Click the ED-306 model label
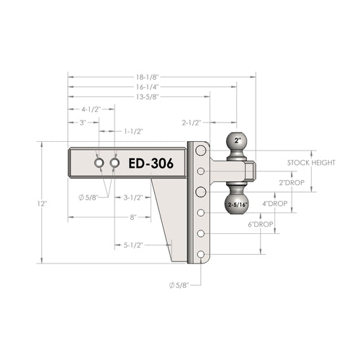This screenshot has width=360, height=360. click(151, 163)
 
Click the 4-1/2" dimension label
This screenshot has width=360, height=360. click(91, 109)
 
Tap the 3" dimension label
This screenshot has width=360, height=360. click(83, 122)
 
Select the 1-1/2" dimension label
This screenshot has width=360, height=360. click(133, 132)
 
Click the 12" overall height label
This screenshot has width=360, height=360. click(42, 204)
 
